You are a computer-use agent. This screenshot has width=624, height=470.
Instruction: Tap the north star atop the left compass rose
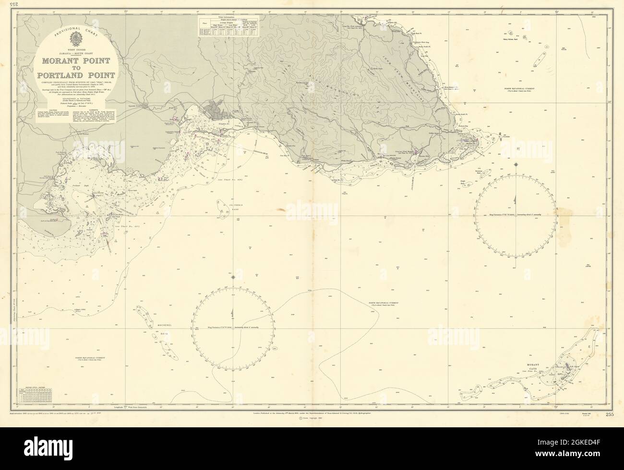tap(233, 277)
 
